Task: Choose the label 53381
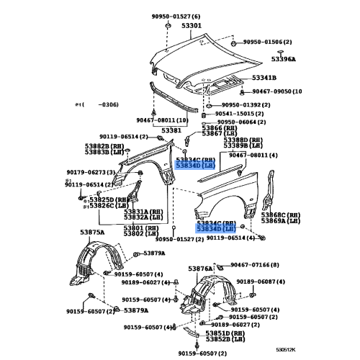click(x=171, y=130)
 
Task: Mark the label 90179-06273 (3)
click(x=90, y=172)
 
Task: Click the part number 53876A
click(x=201, y=268)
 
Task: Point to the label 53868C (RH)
click(x=281, y=215)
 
